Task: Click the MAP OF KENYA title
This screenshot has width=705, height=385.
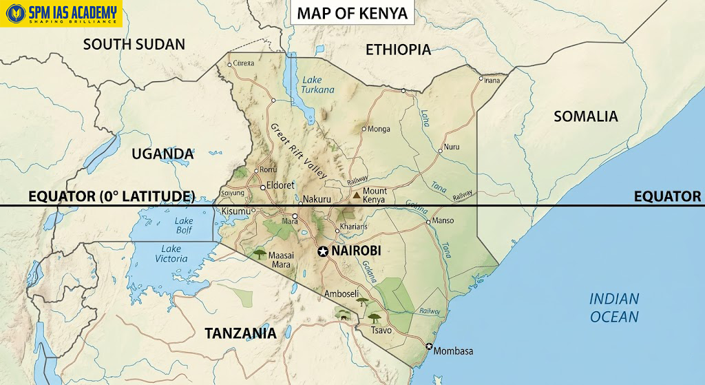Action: [x=352, y=13]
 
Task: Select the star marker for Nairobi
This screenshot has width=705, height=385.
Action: [x=322, y=252]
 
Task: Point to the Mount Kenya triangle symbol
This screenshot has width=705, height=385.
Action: [x=356, y=196]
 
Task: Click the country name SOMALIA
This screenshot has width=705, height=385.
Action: [x=586, y=116]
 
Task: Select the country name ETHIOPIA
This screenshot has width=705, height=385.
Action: [x=398, y=50]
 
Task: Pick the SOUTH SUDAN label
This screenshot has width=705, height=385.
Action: [x=134, y=45]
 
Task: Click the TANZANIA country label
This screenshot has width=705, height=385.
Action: [x=240, y=334]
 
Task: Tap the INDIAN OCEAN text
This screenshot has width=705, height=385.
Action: [x=614, y=308]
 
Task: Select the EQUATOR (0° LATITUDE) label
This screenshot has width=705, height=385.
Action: [x=110, y=197]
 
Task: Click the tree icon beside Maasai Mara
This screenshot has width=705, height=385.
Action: [x=260, y=254]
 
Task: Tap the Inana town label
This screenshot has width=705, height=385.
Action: [x=492, y=81]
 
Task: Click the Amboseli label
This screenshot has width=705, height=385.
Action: [x=341, y=293]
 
